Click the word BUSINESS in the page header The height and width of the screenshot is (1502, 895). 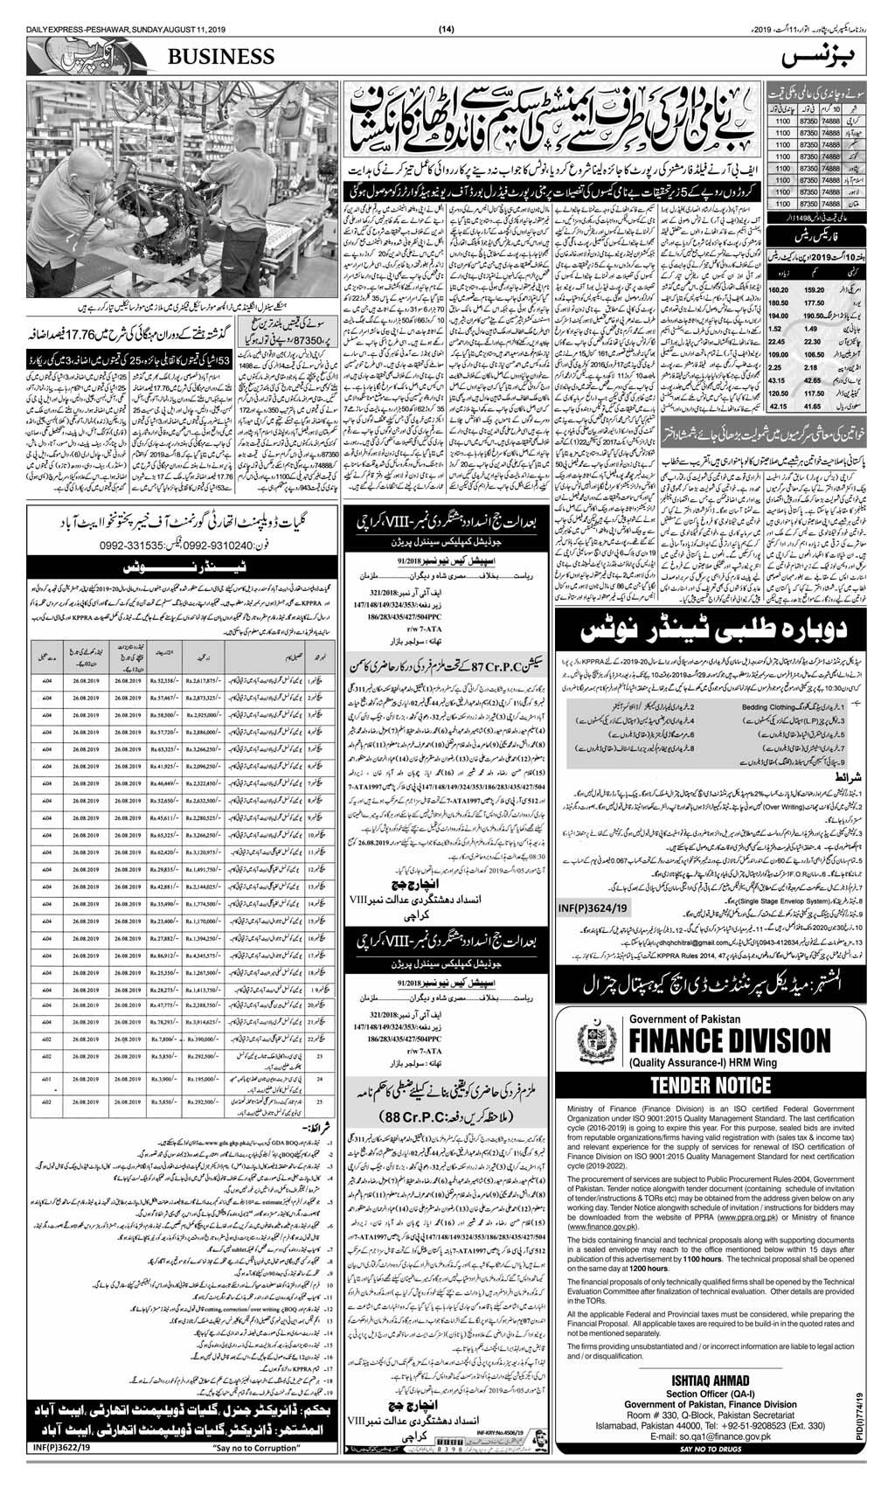(x=228, y=57)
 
